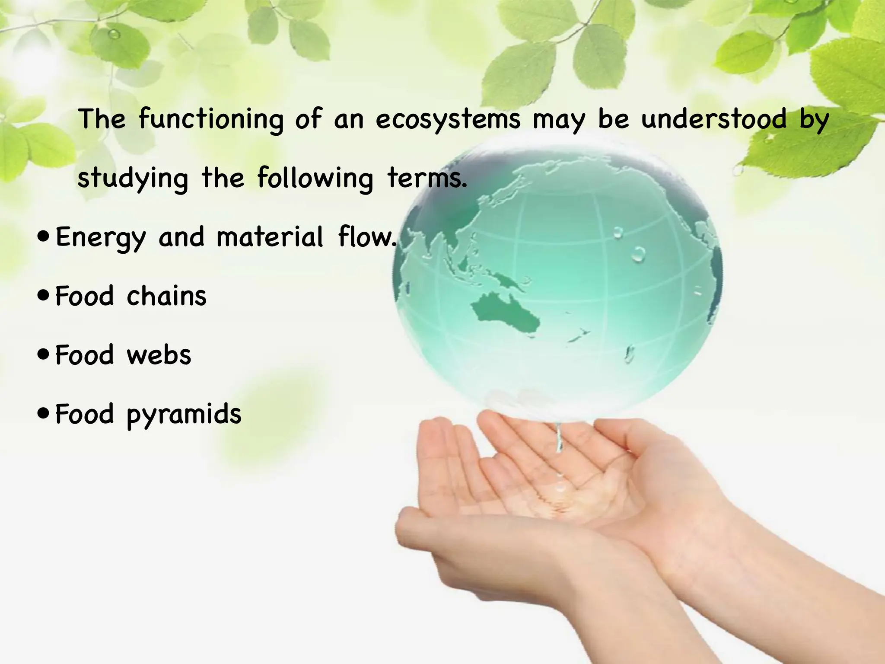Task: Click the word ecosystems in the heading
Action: click(x=448, y=119)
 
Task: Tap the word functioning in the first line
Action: click(x=211, y=119)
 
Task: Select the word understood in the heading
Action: click(x=714, y=119)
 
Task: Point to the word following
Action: click(x=315, y=178)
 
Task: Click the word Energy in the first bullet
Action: click(x=101, y=238)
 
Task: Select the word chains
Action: click(x=167, y=296)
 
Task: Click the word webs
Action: click(x=159, y=355)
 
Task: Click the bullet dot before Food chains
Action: click(x=44, y=297)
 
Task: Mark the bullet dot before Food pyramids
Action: click(x=44, y=414)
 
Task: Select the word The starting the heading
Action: click(x=102, y=119)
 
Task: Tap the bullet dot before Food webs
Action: click(x=44, y=355)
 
